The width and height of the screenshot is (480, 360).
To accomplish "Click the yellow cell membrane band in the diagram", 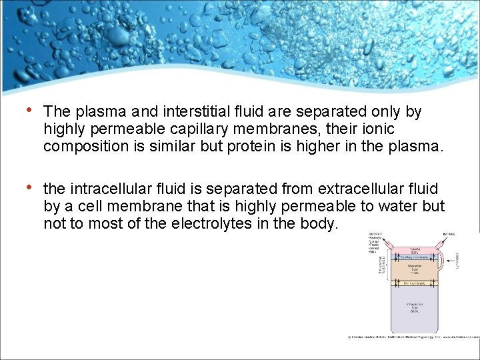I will tap(414, 283).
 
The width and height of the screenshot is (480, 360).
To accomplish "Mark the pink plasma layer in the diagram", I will tap(414, 249).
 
